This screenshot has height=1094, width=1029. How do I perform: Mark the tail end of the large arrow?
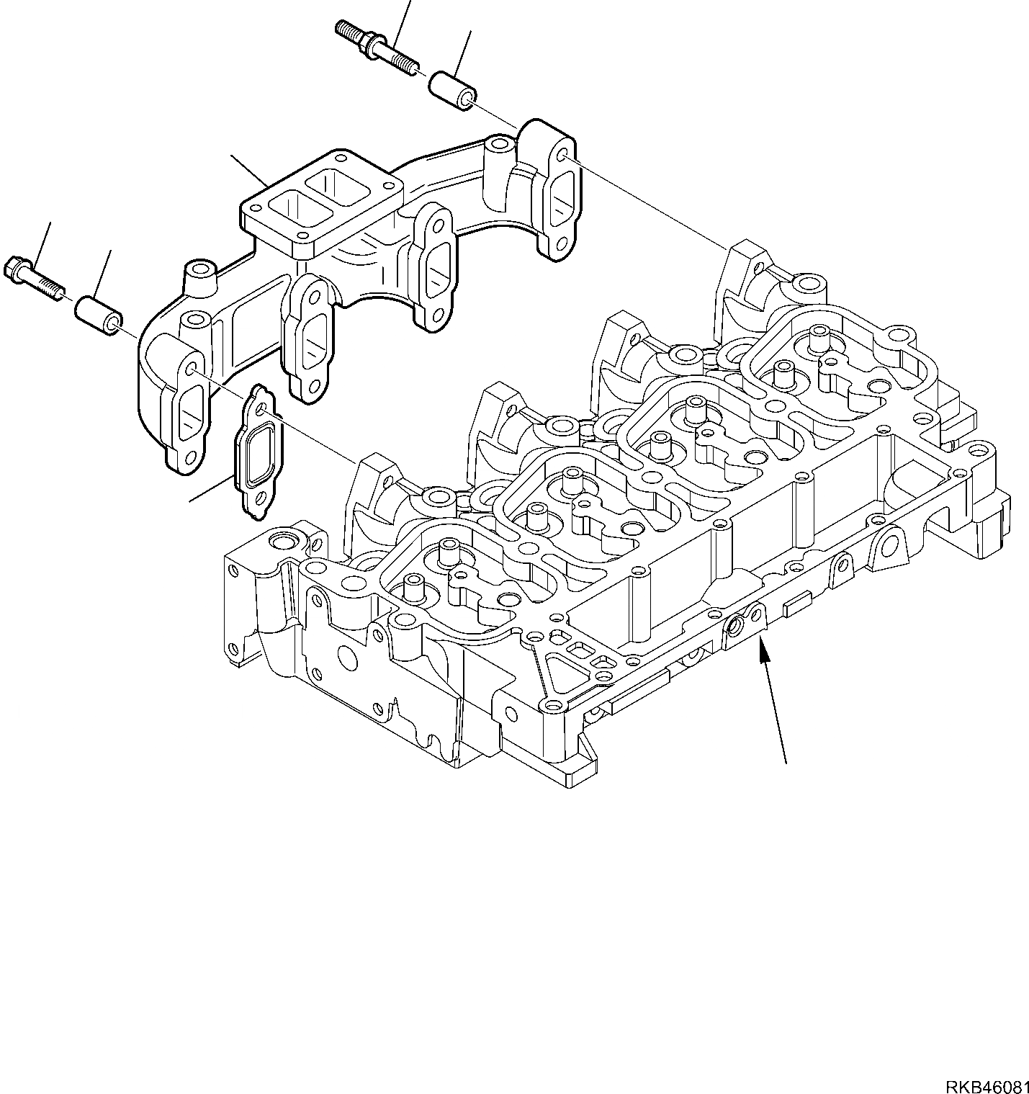point(785,761)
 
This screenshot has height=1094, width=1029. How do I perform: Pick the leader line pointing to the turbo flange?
point(249,171)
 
